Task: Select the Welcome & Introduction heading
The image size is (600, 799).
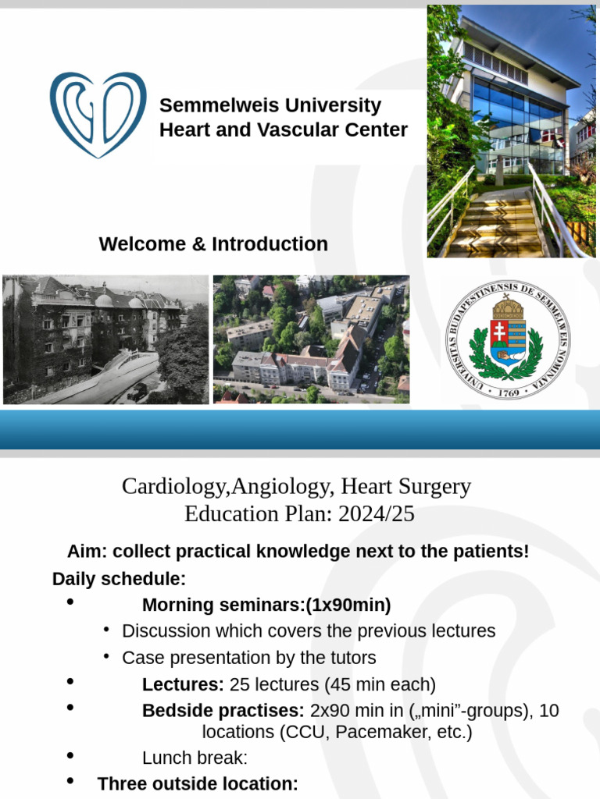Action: (213, 244)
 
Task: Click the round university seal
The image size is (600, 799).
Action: (507, 340)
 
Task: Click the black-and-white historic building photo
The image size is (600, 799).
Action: (105, 339)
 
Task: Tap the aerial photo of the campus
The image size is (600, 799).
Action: (311, 339)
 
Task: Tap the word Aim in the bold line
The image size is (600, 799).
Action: (84, 552)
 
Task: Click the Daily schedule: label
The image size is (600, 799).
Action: (119, 579)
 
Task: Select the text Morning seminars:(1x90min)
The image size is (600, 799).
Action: (266, 605)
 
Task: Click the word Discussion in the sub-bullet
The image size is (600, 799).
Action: (166, 630)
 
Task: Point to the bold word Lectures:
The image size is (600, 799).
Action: (183, 685)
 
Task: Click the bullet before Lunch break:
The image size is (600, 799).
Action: (71, 756)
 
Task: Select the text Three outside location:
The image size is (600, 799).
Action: (198, 784)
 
